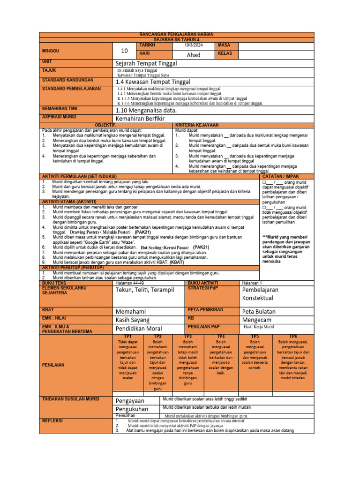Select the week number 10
[124, 52]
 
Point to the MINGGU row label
[51, 51]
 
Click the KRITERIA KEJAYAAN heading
[197, 125]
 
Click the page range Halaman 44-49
[128, 283]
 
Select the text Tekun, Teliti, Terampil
[144, 290]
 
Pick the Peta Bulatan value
[259, 311]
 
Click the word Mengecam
[257, 320]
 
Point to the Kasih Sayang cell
[133, 320]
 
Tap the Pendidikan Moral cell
[139, 329]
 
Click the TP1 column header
[127, 337]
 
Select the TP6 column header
[293, 337]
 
